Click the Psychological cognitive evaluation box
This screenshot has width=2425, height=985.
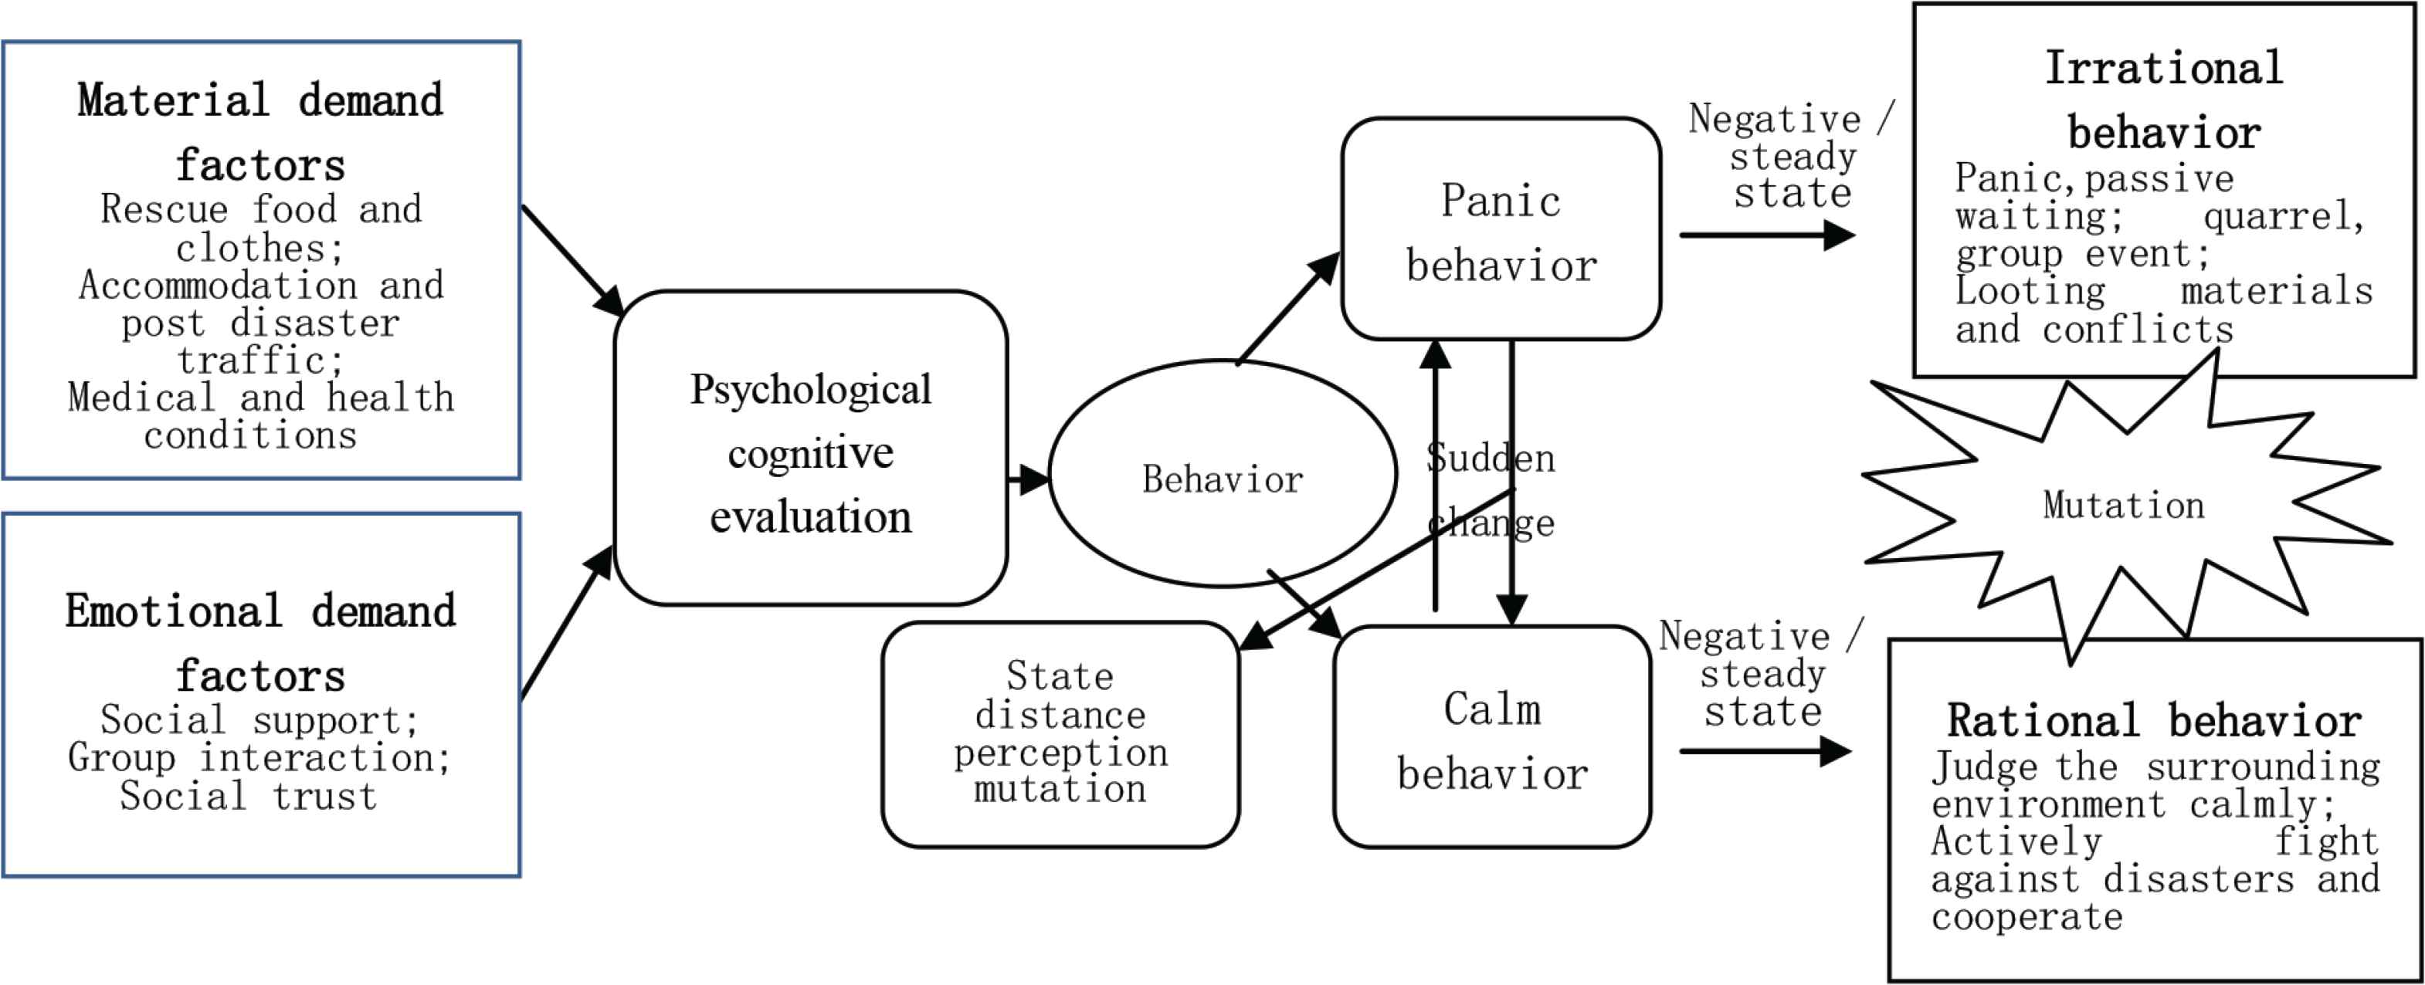point(811,448)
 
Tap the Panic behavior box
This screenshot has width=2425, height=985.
point(1501,228)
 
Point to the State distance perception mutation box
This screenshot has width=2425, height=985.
point(1060,734)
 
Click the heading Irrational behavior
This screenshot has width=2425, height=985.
point(2164,100)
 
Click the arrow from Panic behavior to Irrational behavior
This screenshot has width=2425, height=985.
point(1766,234)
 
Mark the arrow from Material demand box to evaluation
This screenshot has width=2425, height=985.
point(571,259)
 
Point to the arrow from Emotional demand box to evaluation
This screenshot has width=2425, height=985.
point(567,623)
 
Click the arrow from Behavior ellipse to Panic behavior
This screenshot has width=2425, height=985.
point(1287,308)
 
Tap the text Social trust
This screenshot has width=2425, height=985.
point(249,796)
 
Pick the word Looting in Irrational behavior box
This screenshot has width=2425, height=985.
point(2030,291)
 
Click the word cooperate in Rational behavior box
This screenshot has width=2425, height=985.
point(2026,916)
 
